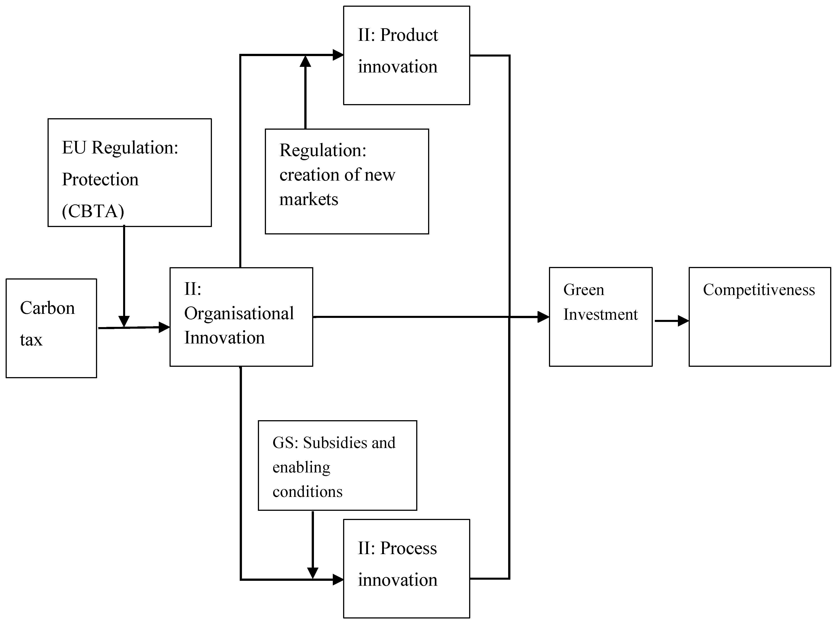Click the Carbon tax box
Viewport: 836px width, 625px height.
click(x=51, y=328)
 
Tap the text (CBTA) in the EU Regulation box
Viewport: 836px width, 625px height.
click(x=93, y=211)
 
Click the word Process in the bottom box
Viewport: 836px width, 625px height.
click(x=408, y=548)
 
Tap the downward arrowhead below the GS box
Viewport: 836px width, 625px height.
click(x=313, y=573)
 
